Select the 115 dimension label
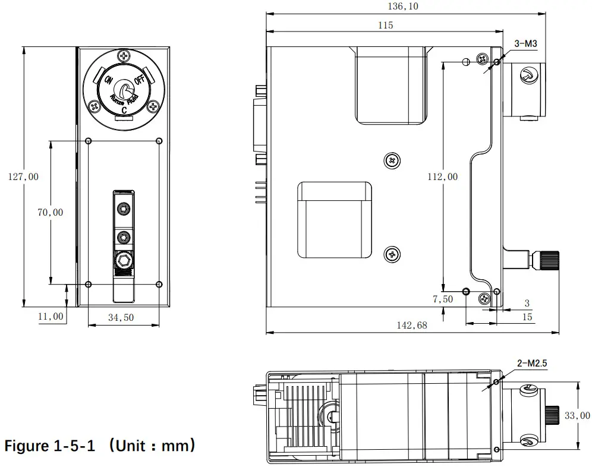(385, 25)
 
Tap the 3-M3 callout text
(525, 43)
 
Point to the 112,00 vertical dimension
(443, 176)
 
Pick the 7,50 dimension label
(442, 299)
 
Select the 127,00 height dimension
(23, 176)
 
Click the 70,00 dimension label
(50, 212)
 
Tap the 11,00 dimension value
(50, 316)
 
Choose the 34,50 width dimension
(121, 318)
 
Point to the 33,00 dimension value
(577, 416)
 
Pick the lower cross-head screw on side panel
(392, 254)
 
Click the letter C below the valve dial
(124, 110)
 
